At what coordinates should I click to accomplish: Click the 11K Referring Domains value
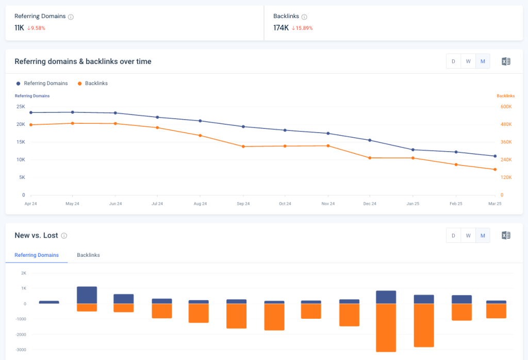19,28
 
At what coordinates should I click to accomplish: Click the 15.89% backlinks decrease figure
304,28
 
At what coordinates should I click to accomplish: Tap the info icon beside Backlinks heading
304,17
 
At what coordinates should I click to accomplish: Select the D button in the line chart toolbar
453,61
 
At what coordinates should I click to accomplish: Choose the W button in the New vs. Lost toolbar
468,236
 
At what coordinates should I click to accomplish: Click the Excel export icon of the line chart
506,61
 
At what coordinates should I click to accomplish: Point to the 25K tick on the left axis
21,107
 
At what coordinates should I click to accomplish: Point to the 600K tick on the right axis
506,107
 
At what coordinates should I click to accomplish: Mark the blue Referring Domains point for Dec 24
369,140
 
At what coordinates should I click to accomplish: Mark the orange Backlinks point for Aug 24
200,136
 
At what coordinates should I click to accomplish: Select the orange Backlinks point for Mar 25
495,169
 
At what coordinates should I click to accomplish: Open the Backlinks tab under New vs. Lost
88,255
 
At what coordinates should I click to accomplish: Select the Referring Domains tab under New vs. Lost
37,255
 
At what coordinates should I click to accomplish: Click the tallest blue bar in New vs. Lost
87,295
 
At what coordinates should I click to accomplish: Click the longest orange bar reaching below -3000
386,328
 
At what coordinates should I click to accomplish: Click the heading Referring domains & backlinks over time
83,61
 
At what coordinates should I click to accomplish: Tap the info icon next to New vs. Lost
64,236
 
